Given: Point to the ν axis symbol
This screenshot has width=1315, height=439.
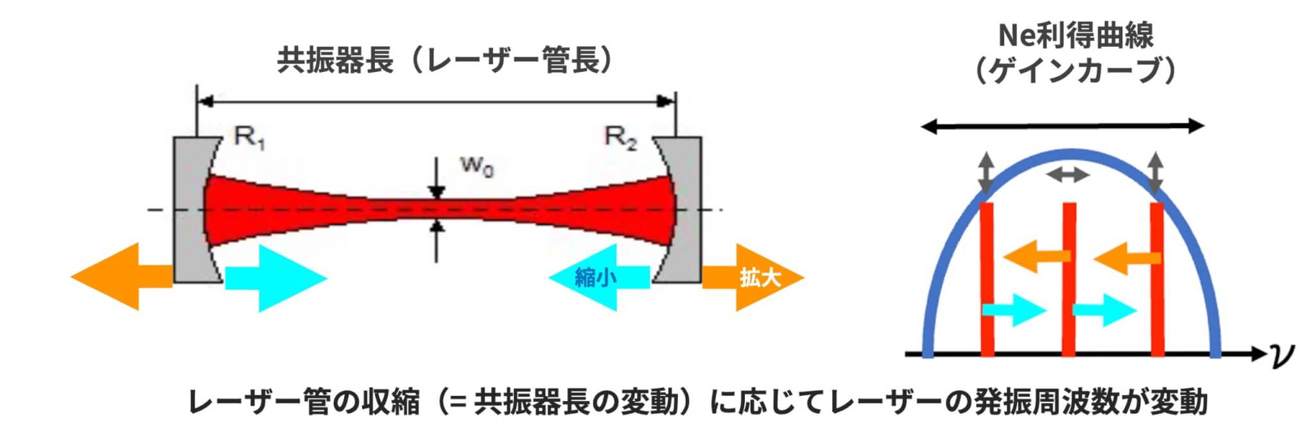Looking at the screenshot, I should (1282, 354).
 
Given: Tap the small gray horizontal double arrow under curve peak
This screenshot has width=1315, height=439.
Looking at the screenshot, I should (1068, 174).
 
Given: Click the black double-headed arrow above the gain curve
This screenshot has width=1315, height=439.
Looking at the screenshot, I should (1063, 127).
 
